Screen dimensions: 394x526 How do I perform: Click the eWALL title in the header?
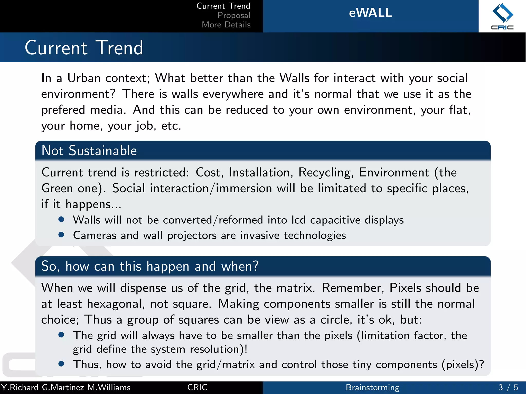tap(370, 13)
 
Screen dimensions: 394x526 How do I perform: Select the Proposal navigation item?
tap(234, 15)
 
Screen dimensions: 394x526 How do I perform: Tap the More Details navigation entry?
tap(226, 25)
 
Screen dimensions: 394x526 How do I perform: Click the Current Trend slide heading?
tap(84, 48)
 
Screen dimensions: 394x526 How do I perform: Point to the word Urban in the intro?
tap(84, 78)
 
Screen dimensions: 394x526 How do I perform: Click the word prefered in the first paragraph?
tap(63, 110)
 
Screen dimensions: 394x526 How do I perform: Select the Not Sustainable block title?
tap(89, 151)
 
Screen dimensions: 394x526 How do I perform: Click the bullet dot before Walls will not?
tap(61, 219)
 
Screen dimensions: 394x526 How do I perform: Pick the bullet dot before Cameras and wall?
tap(61, 235)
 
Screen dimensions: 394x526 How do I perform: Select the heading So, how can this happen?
tap(150, 266)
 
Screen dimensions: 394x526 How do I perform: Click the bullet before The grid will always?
tap(61, 335)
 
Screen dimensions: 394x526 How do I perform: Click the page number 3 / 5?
tap(508, 387)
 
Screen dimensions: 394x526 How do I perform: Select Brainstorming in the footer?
tap(372, 387)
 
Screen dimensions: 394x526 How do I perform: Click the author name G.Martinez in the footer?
tap(63, 387)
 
